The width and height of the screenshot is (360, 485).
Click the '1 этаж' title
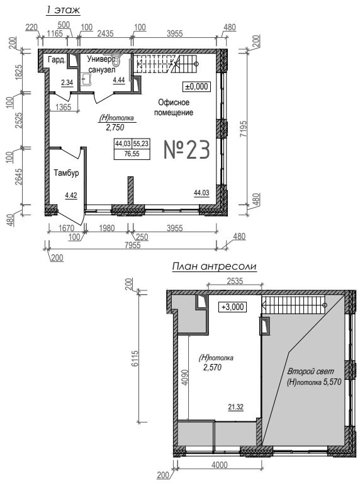63,9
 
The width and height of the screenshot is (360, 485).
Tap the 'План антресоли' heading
215,266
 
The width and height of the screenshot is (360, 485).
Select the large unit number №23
187,150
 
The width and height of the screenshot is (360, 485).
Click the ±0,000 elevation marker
196,87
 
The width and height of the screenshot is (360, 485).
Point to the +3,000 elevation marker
232,307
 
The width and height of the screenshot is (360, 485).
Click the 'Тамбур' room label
66,173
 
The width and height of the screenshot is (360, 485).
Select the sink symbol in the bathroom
86,79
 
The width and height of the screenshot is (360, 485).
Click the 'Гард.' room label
57,60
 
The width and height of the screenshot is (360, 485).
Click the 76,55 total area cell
132,154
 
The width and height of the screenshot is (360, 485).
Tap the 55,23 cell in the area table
140,144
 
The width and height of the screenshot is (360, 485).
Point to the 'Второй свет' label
310,371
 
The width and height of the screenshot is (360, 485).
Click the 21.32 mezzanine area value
236,407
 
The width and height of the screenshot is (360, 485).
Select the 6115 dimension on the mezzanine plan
135,358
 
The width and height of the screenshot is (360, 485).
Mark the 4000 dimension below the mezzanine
220,465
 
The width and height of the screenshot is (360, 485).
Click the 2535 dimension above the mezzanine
235,281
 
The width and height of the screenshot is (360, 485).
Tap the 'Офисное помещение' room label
174,107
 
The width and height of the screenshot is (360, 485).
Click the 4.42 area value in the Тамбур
71,195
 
